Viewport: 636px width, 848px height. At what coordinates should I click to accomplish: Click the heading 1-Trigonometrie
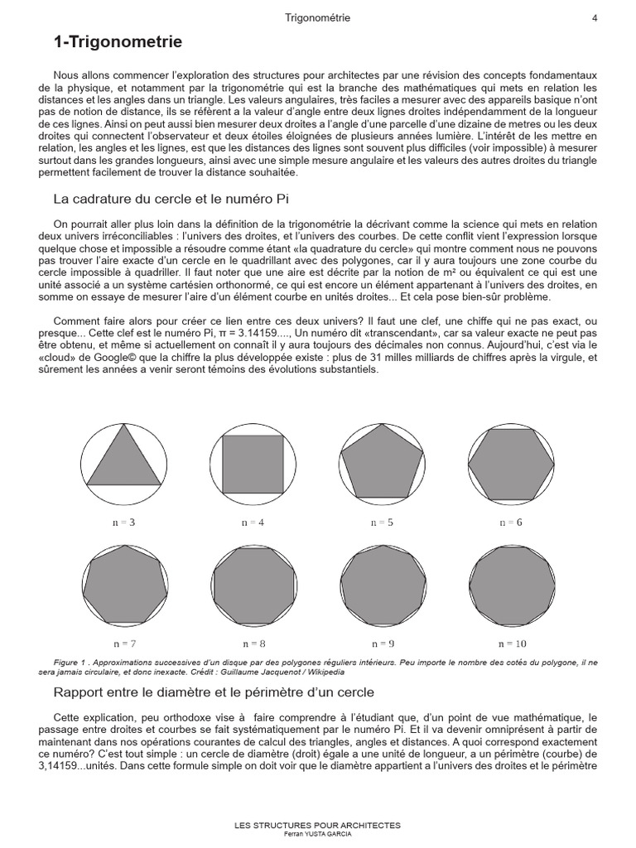118,42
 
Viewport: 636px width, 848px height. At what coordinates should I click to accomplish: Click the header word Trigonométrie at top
317,17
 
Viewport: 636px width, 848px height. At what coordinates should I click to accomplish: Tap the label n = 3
124,523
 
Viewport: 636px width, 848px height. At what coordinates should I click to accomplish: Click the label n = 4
253,523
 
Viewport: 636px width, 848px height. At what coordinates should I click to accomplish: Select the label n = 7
124,643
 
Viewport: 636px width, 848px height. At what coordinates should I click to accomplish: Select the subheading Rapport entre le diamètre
214,691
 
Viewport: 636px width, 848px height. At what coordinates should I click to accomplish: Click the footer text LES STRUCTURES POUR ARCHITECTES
318,825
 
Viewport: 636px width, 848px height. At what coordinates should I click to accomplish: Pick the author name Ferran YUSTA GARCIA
318,834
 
